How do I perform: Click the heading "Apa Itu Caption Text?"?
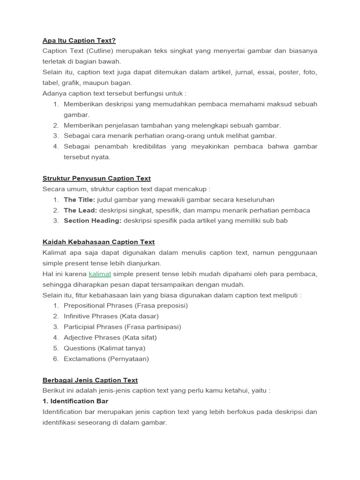(x=79, y=40)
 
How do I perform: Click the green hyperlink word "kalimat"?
(x=100, y=274)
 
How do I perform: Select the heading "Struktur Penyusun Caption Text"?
(x=97, y=178)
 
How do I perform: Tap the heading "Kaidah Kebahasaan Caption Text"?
(x=98, y=242)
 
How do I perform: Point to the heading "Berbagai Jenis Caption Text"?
(x=90, y=380)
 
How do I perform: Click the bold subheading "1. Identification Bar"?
(x=75, y=401)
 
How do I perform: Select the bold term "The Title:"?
(x=79, y=200)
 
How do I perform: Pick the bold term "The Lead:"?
(x=80, y=210)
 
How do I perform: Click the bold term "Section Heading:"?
(x=92, y=220)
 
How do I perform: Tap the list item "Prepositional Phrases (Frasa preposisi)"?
(x=126, y=306)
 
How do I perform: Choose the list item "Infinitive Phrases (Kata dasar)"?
(x=111, y=316)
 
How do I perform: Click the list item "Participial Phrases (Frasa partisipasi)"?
(x=122, y=327)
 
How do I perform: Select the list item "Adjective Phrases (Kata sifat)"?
(x=110, y=337)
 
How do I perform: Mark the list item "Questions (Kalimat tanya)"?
(x=105, y=348)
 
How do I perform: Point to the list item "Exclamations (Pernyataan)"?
(x=106, y=359)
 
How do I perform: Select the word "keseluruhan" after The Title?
(x=254, y=200)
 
